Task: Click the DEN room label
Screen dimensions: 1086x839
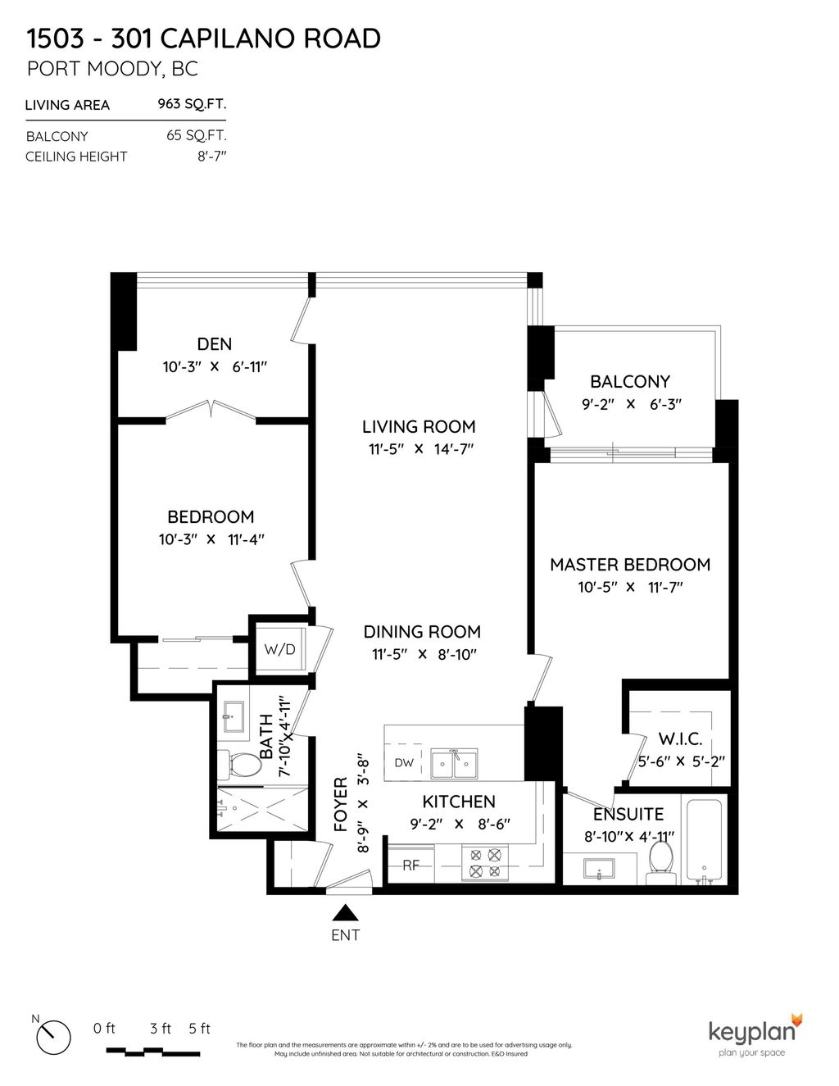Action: click(214, 344)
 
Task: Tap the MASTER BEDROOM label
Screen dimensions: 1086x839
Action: click(629, 564)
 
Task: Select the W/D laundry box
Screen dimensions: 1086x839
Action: click(279, 649)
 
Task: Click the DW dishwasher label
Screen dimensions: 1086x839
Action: click(404, 762)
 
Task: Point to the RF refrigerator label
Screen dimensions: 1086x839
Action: click(410, 865)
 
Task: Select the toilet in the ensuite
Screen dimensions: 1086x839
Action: click(660, 860)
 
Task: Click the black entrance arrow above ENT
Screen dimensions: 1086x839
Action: click(346, 912)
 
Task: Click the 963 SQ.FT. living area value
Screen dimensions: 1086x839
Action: click(192, 104)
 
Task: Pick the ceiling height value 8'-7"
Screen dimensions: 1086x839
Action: click(206, 156)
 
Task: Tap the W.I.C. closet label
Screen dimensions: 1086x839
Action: click(679, 739)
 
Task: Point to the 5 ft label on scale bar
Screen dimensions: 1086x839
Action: click(199, 1029)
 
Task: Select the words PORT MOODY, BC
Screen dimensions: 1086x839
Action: click(112, 69)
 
